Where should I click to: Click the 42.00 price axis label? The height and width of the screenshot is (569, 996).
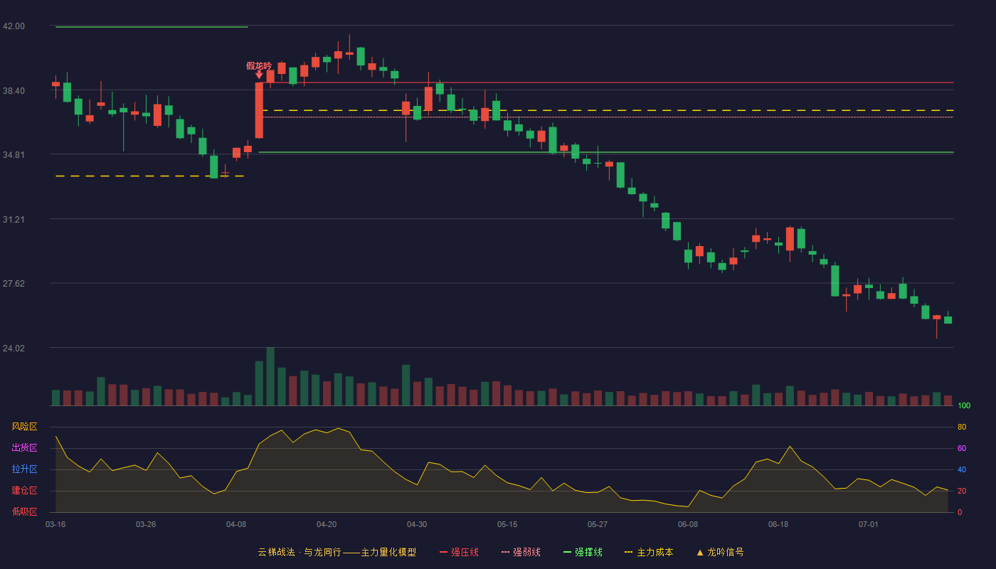[14, 26]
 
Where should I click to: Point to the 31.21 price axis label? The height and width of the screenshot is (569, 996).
[14, 220]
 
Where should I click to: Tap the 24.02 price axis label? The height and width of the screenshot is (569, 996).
[14, 348]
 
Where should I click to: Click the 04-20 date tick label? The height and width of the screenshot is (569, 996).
[327, 525]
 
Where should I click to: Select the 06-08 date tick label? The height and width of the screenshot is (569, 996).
[688, 525]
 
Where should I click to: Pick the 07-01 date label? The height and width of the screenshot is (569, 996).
[869, 525]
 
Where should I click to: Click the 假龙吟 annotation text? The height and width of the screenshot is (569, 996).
[259, 65]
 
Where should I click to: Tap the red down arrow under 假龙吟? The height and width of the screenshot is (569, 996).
[259, 75]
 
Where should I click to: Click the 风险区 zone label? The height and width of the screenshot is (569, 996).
[24, 427]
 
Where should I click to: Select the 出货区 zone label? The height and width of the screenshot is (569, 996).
[24, 447]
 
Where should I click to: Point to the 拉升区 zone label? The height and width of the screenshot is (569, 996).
[24, 469]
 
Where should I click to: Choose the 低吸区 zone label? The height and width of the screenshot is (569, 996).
[24, 511]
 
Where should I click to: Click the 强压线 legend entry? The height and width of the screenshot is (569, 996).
[459, 552]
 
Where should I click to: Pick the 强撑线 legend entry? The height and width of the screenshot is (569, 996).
[583, 552]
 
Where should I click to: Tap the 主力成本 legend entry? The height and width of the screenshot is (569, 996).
[649, 552]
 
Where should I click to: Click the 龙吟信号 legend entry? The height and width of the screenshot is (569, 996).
[720, 552]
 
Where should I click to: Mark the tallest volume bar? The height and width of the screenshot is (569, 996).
[270, 376]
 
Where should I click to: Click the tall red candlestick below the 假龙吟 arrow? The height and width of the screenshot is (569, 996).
[259, 110]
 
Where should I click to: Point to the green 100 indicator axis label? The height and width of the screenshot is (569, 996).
[964, 405]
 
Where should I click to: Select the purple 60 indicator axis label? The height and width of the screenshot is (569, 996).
[962, 448]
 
